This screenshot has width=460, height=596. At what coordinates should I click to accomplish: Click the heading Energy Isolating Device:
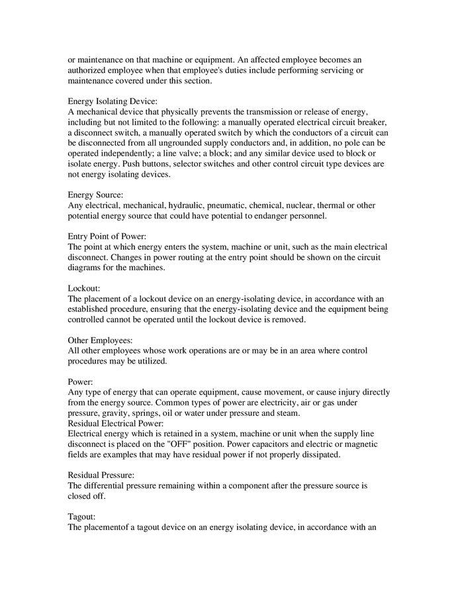[113, 101]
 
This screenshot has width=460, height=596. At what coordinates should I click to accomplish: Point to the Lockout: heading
[84, 289]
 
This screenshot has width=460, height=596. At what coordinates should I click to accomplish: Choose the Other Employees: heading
[101, 340]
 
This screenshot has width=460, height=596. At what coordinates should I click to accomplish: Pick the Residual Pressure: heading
[101, 475]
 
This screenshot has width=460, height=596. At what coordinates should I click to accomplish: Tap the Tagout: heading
[83, 517]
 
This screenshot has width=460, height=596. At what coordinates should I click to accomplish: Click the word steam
[288, 413]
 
